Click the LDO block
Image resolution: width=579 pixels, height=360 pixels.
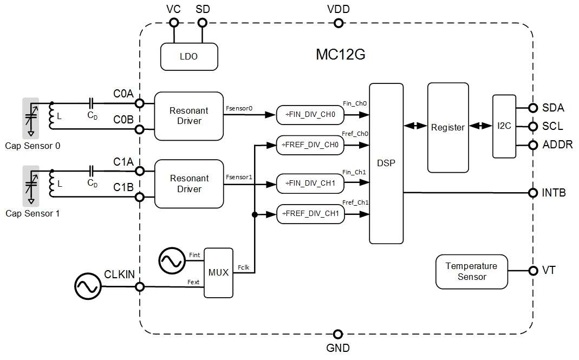click(x=189, y=56)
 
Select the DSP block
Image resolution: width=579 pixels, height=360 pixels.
click(x=386, y=163)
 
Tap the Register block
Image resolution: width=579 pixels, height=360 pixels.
click(x=448, y=127)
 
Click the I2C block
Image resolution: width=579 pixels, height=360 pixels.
click(x=504, y=126)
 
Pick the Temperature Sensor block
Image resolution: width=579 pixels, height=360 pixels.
click(x=472, y=271)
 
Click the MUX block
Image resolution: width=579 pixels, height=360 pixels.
click(x=219, y=272)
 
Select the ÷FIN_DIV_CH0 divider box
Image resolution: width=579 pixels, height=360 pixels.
click(x=310, y=115)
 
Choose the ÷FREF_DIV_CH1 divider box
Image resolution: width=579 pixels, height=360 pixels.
click(x=310, y=214)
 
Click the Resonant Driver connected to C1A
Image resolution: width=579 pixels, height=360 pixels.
click(x=189, y=184)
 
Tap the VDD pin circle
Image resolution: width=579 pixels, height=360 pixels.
click(x=338, y=23)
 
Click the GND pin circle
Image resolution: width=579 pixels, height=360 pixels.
click(x=338, y=334)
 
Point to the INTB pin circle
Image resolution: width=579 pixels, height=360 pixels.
click(x=533, y=193)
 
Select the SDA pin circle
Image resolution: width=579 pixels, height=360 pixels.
click(x=533, y=108)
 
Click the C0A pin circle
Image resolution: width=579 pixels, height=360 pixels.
click(x=140, y=103)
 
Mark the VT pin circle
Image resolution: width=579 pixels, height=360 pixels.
click(x=533, y=271)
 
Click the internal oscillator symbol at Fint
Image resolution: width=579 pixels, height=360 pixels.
click(x=172, y=261)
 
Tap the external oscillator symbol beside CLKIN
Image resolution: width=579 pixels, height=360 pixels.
click(x=88, y=286)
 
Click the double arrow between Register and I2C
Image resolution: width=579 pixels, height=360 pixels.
click(x=481, y=126)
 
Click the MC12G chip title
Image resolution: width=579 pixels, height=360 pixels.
click(x=341, y=54)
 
